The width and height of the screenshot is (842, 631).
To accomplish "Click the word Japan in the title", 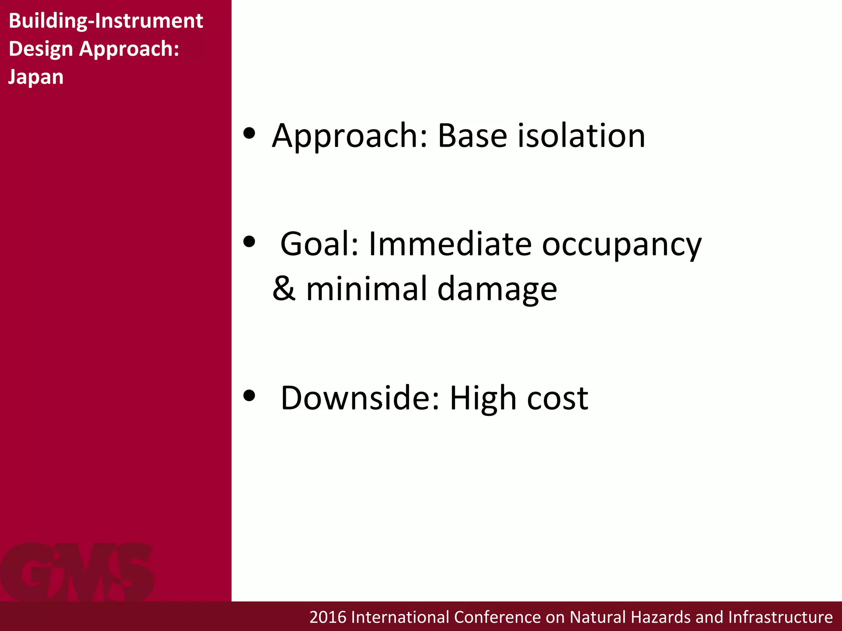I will tap(36, 77).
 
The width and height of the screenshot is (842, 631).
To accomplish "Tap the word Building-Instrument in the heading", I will tap(106, 21).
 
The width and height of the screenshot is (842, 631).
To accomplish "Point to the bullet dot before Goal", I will tap(249, 242).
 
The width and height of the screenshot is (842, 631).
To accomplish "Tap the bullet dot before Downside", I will tap(249, 396).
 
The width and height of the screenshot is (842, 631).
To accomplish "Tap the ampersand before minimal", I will tap(284, 289).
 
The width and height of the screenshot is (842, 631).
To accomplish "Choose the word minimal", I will tap(367, 289).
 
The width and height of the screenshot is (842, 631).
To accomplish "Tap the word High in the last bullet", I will tap(483, 398).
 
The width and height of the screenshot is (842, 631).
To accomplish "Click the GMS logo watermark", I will tap(77, 572).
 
